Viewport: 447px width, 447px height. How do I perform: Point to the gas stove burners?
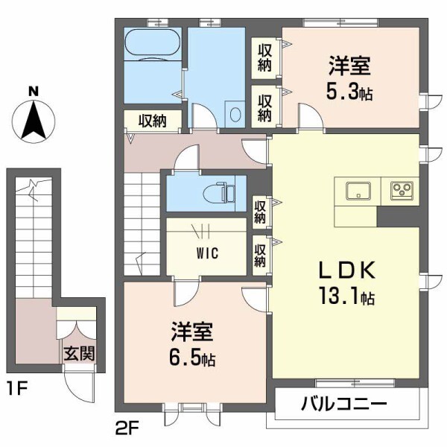(x=403, y=191)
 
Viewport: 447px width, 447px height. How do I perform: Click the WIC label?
(x=207, y=253)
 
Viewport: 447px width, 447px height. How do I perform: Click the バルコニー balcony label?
(x=344, y=405)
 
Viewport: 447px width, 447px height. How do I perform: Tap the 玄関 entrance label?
(x=77, y=353)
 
